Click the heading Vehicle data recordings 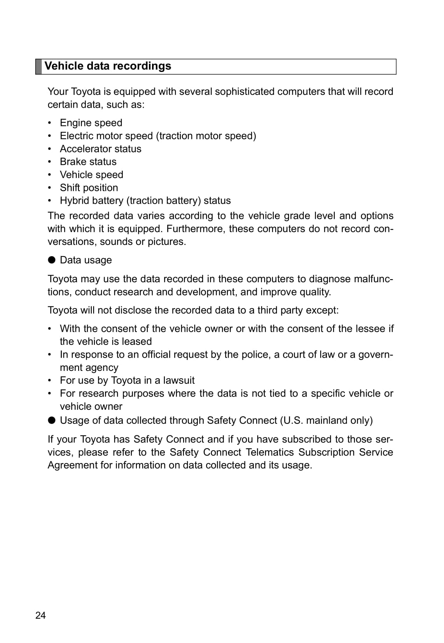[108, 66]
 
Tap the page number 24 [40, 615]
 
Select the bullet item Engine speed [91, 123]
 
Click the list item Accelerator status [100, 149]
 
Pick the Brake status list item [88, 162]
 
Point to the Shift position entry [89, 188]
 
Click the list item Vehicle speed [91, 175]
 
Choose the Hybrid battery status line [145, 201]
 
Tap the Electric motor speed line [158, 136]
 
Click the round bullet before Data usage [52, 260]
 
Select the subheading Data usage [86, 260]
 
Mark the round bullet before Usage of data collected [52, 420]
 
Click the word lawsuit [179, 380]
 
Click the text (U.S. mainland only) [326, 420]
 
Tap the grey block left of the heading [38, 66]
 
